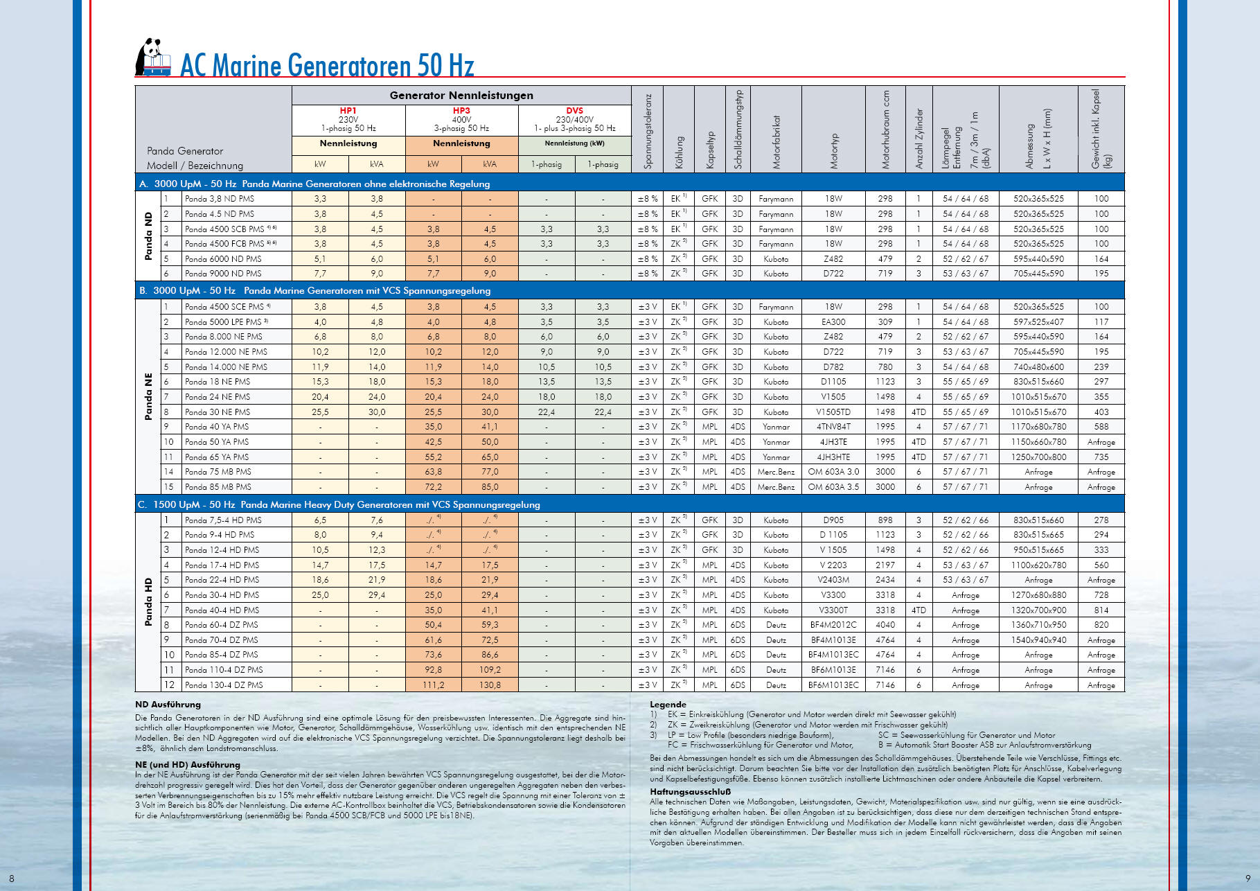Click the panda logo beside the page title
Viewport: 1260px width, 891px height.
click(152, 58)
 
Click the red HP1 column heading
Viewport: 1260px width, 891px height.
click(348, 111)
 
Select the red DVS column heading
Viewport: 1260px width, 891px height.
click(574, 111)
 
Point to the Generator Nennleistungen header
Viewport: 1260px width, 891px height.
click(461, 96)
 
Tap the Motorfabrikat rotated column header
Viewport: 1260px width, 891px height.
click(777, 143)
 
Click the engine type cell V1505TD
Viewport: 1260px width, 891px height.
click(833, 412)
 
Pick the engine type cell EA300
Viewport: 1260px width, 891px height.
click(833, 322)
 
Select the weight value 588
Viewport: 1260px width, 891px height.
click(1101, 427)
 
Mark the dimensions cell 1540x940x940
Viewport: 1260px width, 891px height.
click(1038, 640)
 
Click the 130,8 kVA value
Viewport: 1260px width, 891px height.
click(490, 685)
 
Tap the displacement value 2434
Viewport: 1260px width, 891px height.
click(885, 580)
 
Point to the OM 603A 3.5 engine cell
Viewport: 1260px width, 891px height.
click(833, 487)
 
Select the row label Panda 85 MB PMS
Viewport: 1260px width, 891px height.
click(218, 487)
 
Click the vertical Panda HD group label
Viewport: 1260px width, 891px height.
click(148, 602)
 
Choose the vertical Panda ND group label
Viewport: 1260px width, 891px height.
click(148, 236)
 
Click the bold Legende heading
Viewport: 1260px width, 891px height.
click(668, 705)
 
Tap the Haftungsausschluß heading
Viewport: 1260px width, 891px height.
click(690, 792)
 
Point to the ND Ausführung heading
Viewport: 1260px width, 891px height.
click(168, 705)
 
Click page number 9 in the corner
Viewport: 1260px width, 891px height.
click(1248, 879)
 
